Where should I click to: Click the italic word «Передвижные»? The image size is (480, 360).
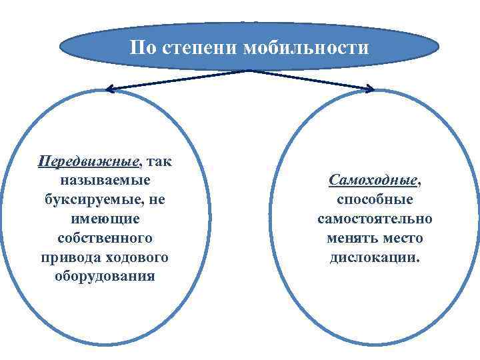coord(89,162)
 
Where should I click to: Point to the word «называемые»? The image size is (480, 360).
coord(105,181)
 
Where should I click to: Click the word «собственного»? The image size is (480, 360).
coord(105,238)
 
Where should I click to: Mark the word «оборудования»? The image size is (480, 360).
coord(105,276)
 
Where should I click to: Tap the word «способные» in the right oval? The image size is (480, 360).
coord(375,200)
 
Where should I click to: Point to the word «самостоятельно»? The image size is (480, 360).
coord(375,219)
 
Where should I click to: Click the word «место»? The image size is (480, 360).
coord(403,238)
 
